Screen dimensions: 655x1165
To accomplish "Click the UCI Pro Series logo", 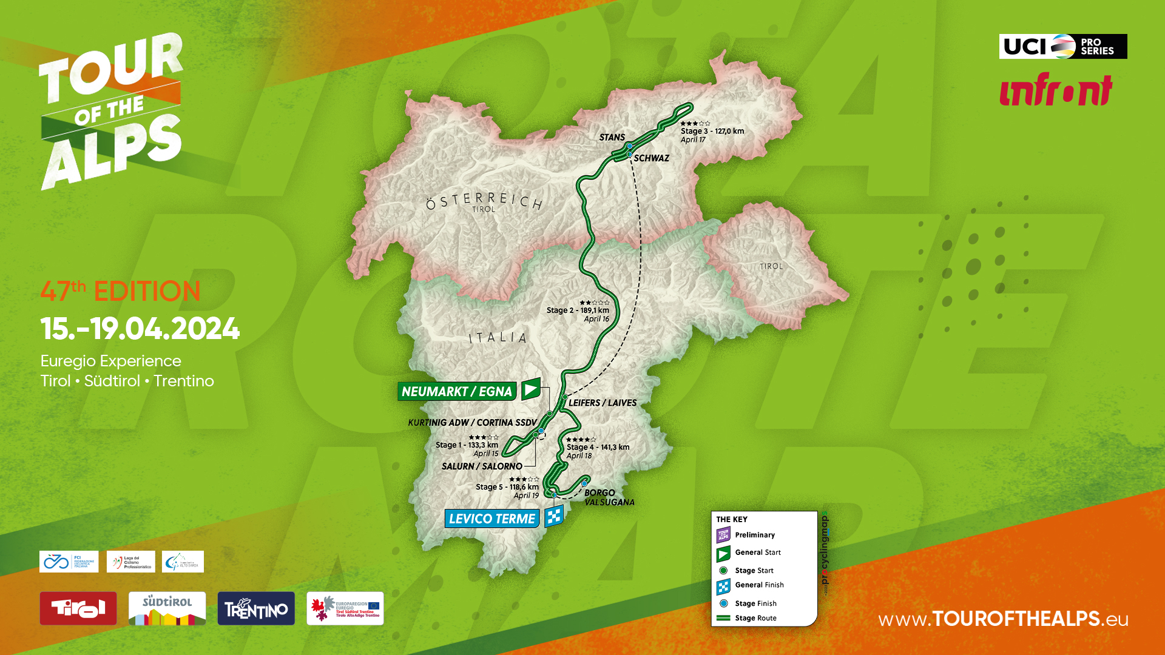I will click(1062, 46).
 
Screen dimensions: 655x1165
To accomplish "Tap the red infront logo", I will click(1055, 90).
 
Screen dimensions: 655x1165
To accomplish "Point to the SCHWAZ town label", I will click(651, 158).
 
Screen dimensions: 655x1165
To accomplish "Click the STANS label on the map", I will click(612, 138).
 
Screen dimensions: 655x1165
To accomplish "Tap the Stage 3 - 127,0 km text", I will click(712, 131).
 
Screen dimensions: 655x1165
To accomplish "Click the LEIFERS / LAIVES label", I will click(602, 403).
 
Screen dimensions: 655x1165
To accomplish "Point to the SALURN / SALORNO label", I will click(482, 466).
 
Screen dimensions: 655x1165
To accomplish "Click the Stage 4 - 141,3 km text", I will click(598, 447).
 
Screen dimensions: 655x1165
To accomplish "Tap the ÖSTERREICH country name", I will click(484, 200).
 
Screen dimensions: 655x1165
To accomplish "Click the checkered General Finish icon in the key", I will click(723, 586).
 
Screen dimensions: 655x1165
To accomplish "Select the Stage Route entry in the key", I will click(755, 618).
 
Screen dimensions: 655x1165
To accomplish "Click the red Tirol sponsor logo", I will click(78, 608).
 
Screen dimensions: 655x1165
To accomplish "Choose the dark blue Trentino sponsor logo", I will click(256, 608).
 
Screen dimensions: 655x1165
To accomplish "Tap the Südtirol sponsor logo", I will click(167, 608).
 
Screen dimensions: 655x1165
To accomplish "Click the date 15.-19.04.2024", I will click(140, 329).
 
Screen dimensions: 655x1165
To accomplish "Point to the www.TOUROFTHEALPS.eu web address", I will click(1003, 619).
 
